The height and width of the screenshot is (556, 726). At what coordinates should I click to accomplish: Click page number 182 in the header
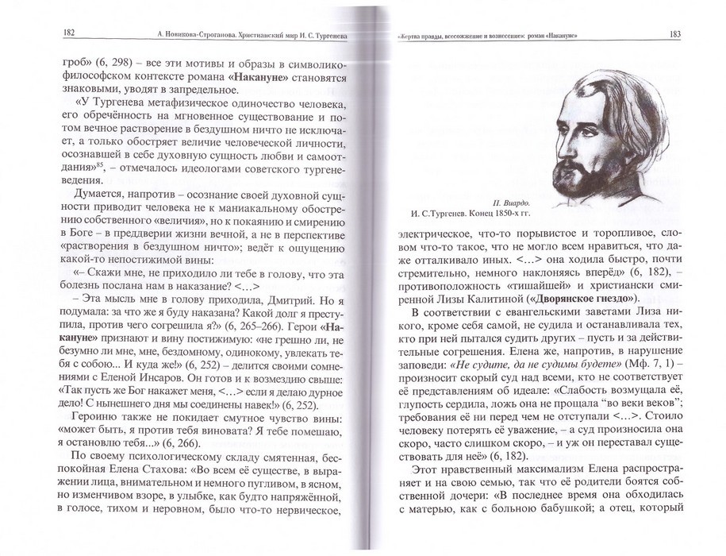click(69, 33)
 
